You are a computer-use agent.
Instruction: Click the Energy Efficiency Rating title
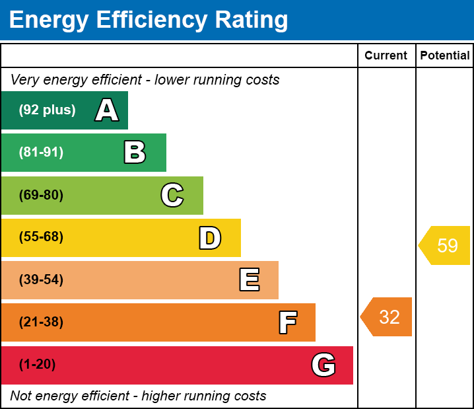149,20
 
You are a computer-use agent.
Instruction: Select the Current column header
386,56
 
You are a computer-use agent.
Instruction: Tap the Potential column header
445,56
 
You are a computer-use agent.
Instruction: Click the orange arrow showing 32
388,317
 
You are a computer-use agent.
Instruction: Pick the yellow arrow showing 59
446,246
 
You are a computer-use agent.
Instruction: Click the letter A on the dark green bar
107,110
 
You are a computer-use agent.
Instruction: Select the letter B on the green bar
135,153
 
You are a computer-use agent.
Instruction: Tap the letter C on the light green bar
172,195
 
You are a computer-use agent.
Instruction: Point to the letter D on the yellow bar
210,238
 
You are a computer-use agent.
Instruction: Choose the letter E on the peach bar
249,280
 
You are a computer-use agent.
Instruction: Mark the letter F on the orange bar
287,322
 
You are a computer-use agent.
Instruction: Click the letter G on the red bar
323,365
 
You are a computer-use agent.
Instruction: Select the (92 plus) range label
47,110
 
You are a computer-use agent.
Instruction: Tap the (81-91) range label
41,153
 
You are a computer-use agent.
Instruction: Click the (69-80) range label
41,195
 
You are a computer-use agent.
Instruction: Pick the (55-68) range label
41,237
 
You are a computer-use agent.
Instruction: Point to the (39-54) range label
41,280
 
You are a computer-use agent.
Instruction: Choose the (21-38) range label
41,322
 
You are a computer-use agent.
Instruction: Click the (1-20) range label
38,365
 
